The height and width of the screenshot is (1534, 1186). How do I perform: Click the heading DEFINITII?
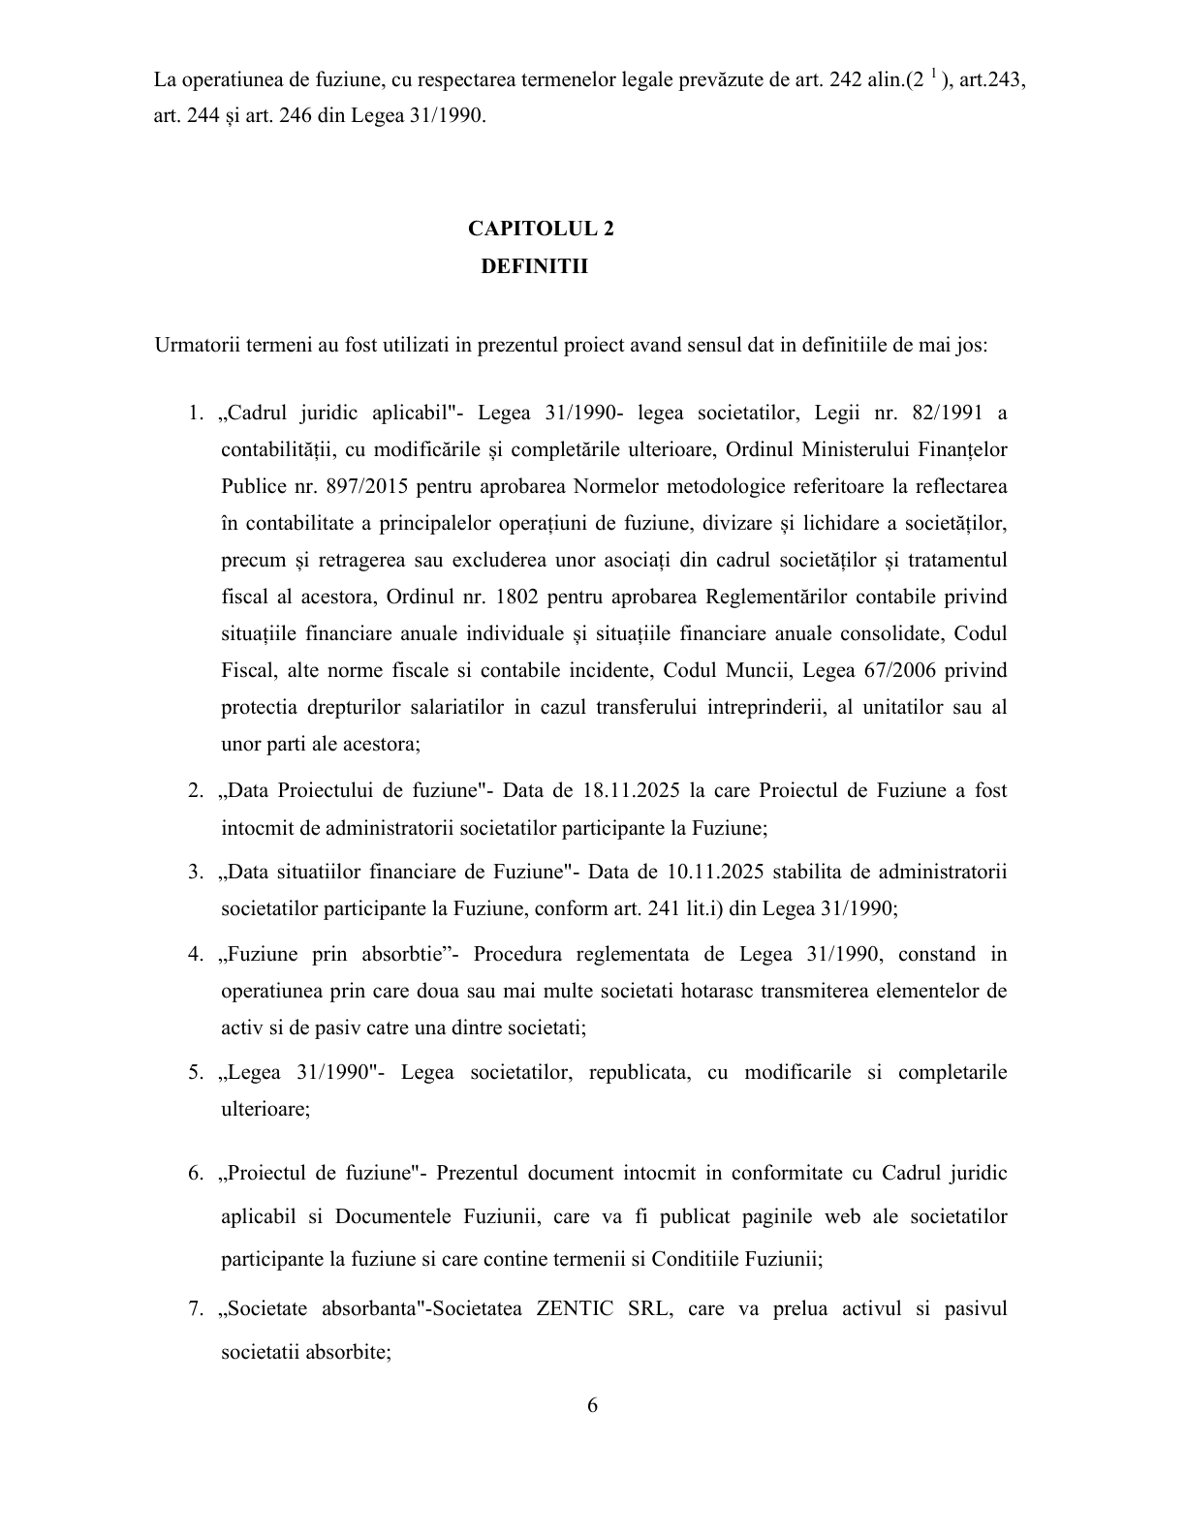point(535,266)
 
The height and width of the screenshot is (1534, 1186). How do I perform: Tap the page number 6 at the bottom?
point(592,1405)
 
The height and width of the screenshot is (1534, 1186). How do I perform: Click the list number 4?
point(196,955)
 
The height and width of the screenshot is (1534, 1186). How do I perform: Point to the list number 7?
point(196,1309)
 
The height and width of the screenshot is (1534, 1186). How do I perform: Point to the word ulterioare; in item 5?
point(265,1110)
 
